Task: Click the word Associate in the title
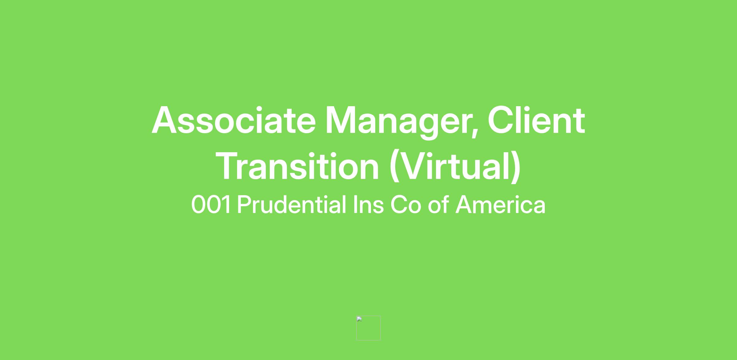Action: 234,121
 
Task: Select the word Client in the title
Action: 536,120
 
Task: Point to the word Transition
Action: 297,166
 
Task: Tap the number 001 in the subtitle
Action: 211,205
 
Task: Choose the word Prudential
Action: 292,204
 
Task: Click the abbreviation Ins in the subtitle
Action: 368,204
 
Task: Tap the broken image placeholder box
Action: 368,328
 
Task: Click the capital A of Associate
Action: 165,121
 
